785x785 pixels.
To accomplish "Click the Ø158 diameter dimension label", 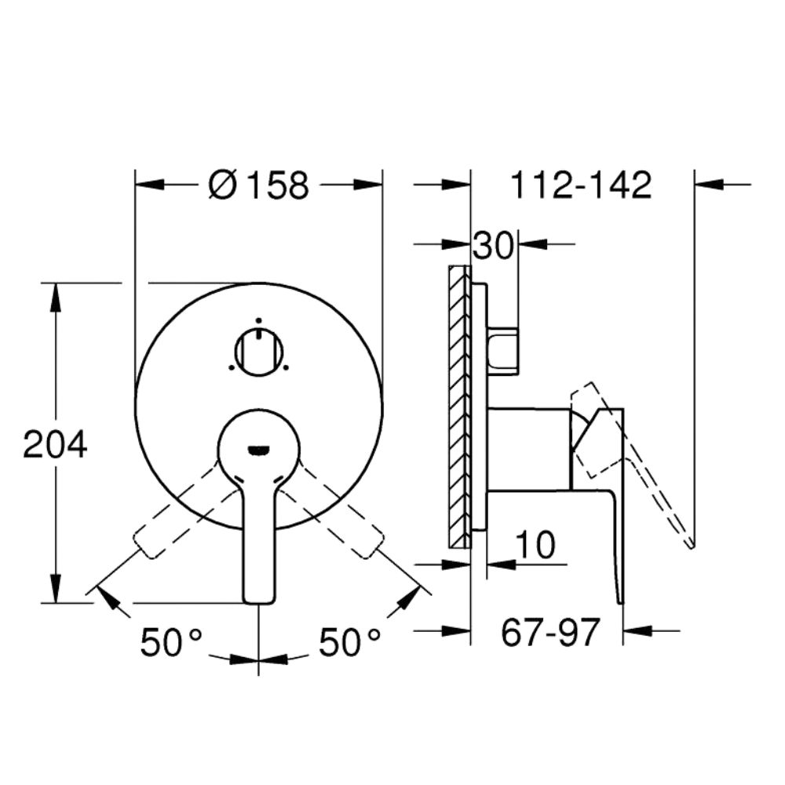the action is point(258,184).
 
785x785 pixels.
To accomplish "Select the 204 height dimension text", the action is point(55,444).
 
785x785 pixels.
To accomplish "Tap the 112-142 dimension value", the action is point(581,184).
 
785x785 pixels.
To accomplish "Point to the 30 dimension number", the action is point(494,246).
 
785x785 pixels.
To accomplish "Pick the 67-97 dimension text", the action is point(550,632).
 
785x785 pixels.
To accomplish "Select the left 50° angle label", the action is point(170,642).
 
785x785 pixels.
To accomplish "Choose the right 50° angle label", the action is point(349,642).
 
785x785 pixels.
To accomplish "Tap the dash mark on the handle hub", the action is point(259,451).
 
